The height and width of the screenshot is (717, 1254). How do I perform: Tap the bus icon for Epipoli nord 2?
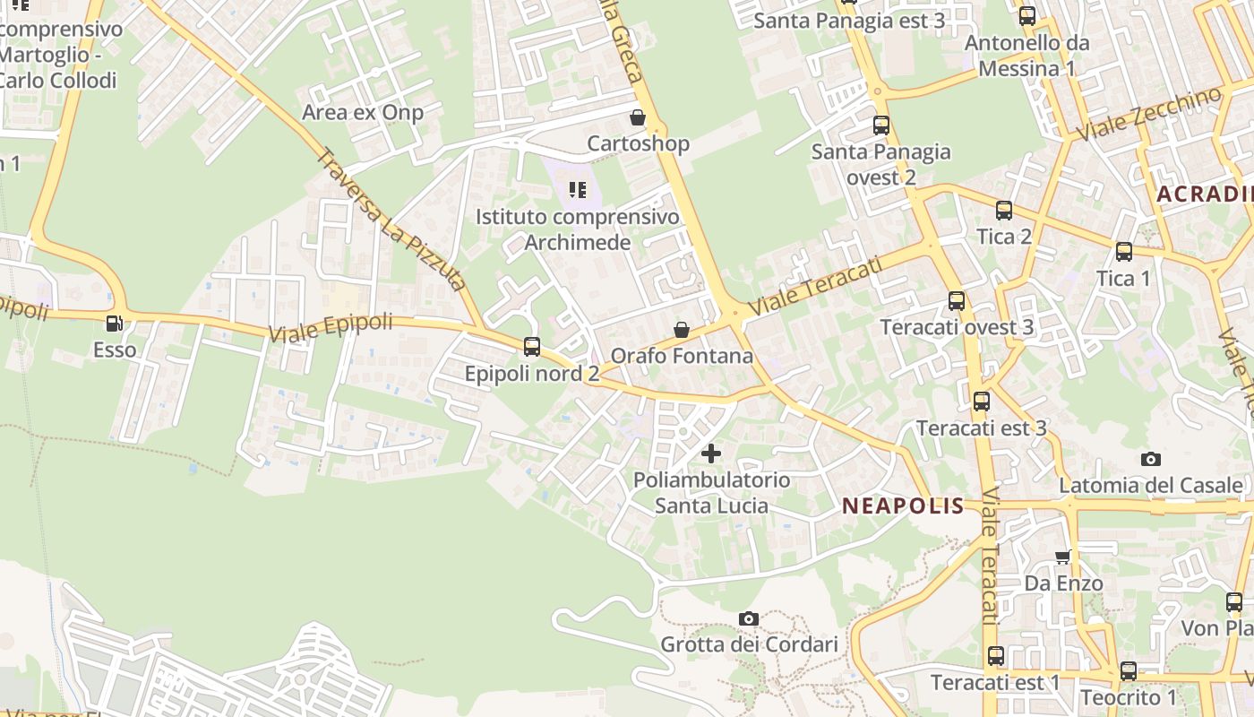[532, 347]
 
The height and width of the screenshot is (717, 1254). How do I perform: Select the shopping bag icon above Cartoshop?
[638, 117]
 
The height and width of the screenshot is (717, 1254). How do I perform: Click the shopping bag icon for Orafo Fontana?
[682, 330]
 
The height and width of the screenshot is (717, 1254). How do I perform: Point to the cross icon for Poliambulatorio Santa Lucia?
[711, 454]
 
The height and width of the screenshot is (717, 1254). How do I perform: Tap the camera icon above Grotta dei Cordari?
[749, 618]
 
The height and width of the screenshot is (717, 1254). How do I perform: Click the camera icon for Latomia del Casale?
[1151, 459]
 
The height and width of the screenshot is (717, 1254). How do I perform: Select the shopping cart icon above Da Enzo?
[1063, 557]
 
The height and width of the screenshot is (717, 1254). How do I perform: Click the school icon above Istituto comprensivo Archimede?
[578, 190]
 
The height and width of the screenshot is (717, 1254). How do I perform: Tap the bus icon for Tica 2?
[1004, 211]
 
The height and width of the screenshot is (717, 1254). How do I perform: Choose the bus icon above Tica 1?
[1124, 252]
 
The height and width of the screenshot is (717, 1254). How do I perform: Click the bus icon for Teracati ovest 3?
[957, 301]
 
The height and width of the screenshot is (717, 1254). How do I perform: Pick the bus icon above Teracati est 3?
[982, 402]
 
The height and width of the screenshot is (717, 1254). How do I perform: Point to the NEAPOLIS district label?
[903, 506]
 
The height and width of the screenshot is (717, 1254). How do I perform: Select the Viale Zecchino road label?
[1149, 113]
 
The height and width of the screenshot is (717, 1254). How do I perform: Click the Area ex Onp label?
[363, 112]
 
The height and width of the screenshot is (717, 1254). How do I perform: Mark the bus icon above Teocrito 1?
[1129, 671]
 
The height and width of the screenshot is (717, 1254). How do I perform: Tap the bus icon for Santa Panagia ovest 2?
[881, 125]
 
